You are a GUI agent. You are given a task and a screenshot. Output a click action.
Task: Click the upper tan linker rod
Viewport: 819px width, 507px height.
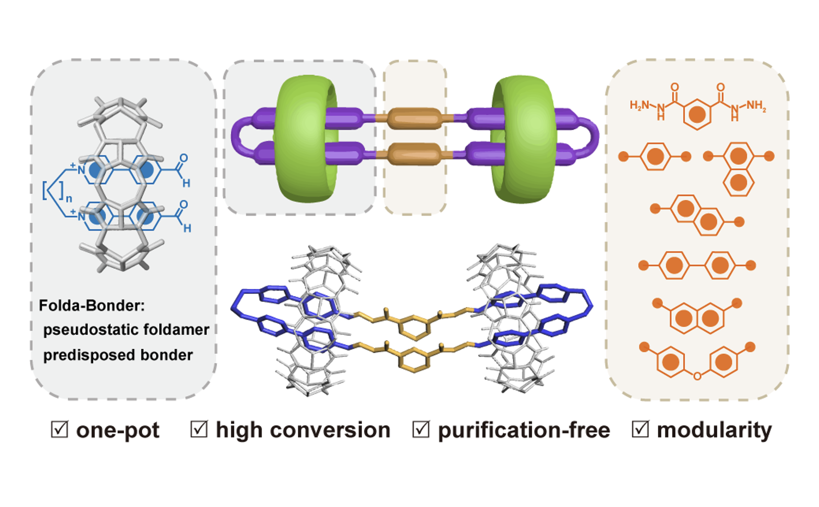point(414,119)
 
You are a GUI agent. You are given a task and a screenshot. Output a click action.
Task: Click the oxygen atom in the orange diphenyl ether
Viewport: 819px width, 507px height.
point(697,376)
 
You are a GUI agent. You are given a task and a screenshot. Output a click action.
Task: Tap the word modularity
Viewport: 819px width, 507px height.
point(714,430)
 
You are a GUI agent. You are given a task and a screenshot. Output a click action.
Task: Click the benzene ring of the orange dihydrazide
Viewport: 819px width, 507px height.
point(697,114)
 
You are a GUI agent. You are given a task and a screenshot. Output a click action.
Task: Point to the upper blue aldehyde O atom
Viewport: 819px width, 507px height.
point(184,158)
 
